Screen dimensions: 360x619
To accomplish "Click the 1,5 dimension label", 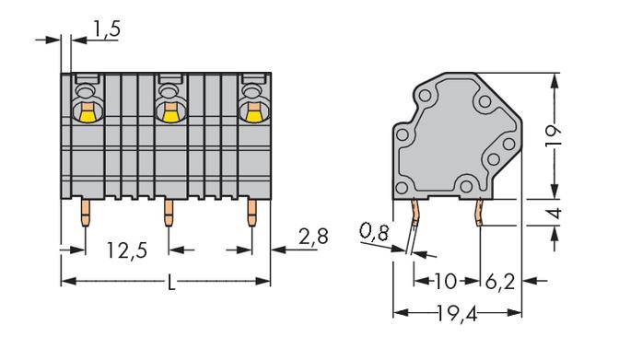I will (x=106, y=30).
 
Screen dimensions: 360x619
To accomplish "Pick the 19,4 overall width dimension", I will (x=458, y=315).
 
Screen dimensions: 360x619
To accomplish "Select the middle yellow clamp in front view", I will (x=168, y=113).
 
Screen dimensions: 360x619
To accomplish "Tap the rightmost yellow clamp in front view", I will (x=251, y=113).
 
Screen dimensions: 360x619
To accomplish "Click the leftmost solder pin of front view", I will (x=84, y=215).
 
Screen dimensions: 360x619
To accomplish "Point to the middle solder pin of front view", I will (x=168, y=215).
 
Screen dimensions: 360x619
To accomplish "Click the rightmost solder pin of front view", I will (x=251, y=215).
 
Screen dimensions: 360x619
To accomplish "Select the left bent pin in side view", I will (x=415, y=216).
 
